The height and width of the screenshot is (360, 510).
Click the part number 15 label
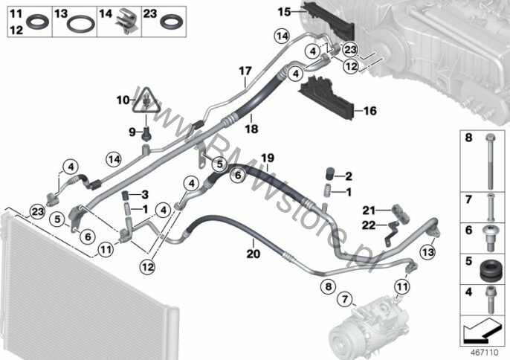[284, 12]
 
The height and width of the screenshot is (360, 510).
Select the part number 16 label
[369, 111]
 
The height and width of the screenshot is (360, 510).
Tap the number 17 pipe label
[245, 71]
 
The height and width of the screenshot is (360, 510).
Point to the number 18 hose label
[251, 129]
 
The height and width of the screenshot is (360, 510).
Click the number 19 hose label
[268, 158]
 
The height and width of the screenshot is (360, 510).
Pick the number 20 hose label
[254, 253]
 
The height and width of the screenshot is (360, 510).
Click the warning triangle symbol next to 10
[146, 100]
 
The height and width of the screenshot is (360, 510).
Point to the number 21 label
[369, 210]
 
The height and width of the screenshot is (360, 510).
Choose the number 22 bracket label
[369, 225]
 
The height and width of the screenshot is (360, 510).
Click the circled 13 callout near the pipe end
[427, 252]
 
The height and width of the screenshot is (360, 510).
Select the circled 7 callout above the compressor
[345, 298]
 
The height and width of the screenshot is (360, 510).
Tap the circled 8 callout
[328, 286]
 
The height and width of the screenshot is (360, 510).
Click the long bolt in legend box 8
[491, 161]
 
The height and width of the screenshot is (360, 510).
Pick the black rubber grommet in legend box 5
[490, 270]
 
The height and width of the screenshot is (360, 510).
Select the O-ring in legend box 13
[80, 24]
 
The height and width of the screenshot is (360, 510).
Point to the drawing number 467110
[485, 353]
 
